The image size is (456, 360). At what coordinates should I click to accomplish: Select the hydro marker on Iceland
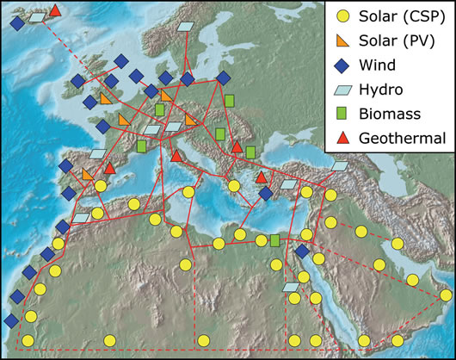[x=37, y=16]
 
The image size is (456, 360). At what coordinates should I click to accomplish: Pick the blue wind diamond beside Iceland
[x=17, y=24]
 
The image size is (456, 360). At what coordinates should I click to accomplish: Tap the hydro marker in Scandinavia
[x=185, y=28]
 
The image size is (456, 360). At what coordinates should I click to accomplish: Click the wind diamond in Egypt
[x=301, y=251]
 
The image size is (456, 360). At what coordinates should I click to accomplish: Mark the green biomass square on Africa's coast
[x=275, y=240]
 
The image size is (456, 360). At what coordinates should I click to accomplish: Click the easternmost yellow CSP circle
[x=445, y=295]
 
